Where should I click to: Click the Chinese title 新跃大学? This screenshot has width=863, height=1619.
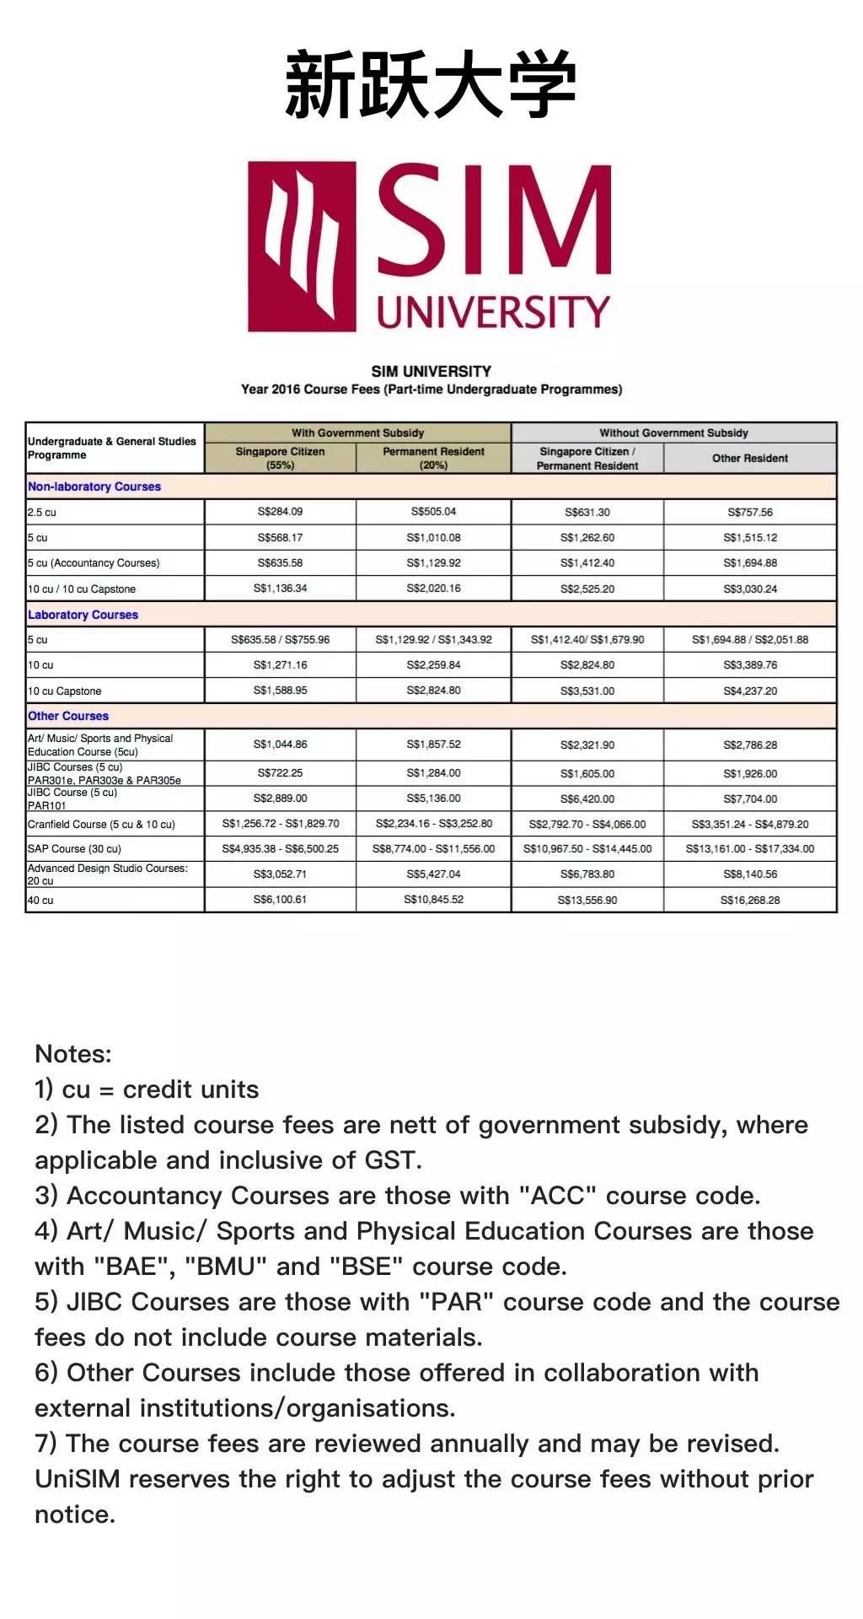(x=431, y=84)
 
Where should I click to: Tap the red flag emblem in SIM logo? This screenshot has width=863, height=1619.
(x=301, y=246)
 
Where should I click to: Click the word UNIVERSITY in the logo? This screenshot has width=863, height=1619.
(x=493, y=312)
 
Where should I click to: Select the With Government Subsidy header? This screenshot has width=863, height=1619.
(x=357, y=433)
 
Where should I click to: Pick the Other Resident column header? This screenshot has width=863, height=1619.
(x=749, y=458)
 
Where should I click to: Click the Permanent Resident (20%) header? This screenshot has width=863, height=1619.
(x=433, y=458)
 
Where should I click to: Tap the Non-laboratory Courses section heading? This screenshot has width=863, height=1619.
(x=94, y=487)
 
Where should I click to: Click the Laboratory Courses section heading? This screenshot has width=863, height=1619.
(x=83, y=615)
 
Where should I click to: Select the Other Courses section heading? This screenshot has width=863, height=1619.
(x=68, y=716)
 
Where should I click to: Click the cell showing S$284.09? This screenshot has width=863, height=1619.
(x=280, y=512)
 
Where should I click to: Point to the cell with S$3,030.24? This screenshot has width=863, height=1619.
(x=749, y=589)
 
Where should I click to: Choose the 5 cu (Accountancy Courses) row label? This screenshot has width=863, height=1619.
(x=94, y=563)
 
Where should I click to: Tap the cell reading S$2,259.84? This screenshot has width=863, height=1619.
(x=433, y=665)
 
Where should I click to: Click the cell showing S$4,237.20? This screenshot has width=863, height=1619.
(x=749, y=691)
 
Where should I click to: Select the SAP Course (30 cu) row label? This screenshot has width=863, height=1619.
(x=74, y=849)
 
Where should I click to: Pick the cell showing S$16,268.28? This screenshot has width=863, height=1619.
(x=749, y=900)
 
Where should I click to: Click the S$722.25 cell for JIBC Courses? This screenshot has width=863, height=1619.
(x=280, y=773)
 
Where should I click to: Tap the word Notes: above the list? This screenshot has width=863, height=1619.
(x=73, y=1054)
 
